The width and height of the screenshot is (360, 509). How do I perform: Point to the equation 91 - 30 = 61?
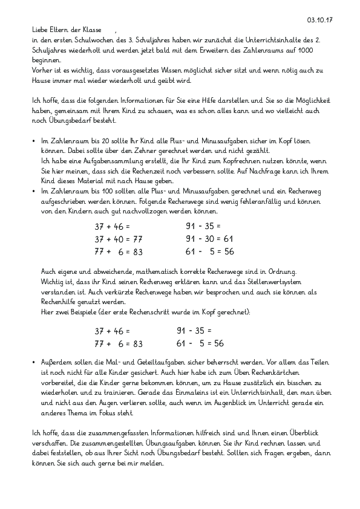point(206,239)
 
